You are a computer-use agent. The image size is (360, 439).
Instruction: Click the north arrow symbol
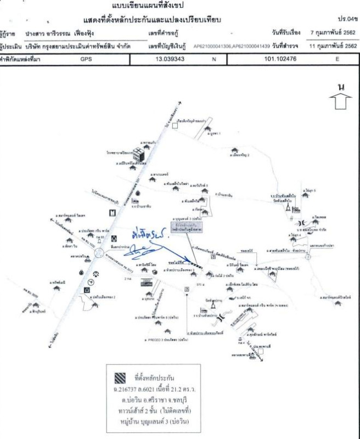pyautogui.click(x=341, y=100)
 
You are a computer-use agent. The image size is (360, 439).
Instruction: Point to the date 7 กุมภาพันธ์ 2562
pyautogui.click(x=333, y=33)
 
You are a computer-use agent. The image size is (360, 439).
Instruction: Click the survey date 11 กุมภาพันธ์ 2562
pyautogui.click(x=333, y=46)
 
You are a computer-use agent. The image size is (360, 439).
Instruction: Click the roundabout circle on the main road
pyautogui.click(x=100, y=254)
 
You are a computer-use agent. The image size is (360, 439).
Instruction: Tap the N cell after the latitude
pyautogui.click(x=215, y=57)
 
